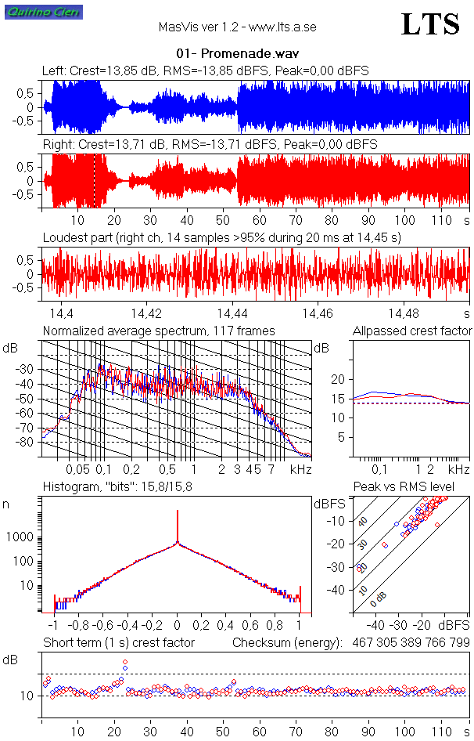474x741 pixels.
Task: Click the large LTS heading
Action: point(429,24)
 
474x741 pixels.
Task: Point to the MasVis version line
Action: point(237,27)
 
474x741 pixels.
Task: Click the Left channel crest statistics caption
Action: point(205,71)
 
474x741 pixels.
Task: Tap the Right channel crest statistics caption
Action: point(210,145)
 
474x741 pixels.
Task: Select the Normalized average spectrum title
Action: point(159,331)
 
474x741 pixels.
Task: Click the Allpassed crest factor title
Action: point(412,331)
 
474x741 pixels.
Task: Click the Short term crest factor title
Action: point(119,642)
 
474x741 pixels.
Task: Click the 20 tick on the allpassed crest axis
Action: point(339,379)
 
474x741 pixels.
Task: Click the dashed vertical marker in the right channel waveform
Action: point(95,181)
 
